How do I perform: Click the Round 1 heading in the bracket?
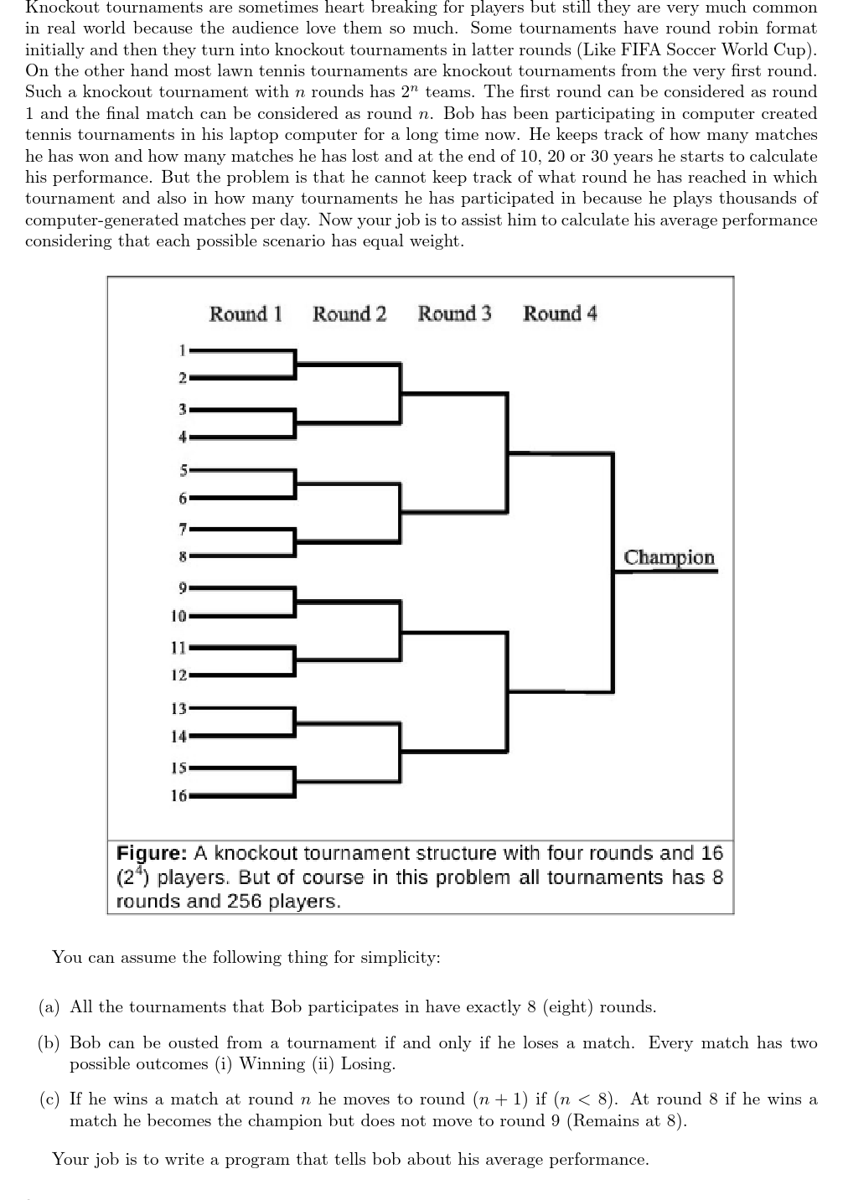[245, 314]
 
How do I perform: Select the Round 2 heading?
[349, 314]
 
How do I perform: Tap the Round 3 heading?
[454, 314]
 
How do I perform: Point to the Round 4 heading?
[560, 314]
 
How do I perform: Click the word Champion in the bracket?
[669, 558]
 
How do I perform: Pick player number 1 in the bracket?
[181, 348]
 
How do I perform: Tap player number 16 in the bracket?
[178, 795]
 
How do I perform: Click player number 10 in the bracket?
[178, 616]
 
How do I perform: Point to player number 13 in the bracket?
[178, 708]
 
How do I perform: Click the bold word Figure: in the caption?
[151, 853]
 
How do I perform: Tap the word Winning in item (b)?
[273, 1064]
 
